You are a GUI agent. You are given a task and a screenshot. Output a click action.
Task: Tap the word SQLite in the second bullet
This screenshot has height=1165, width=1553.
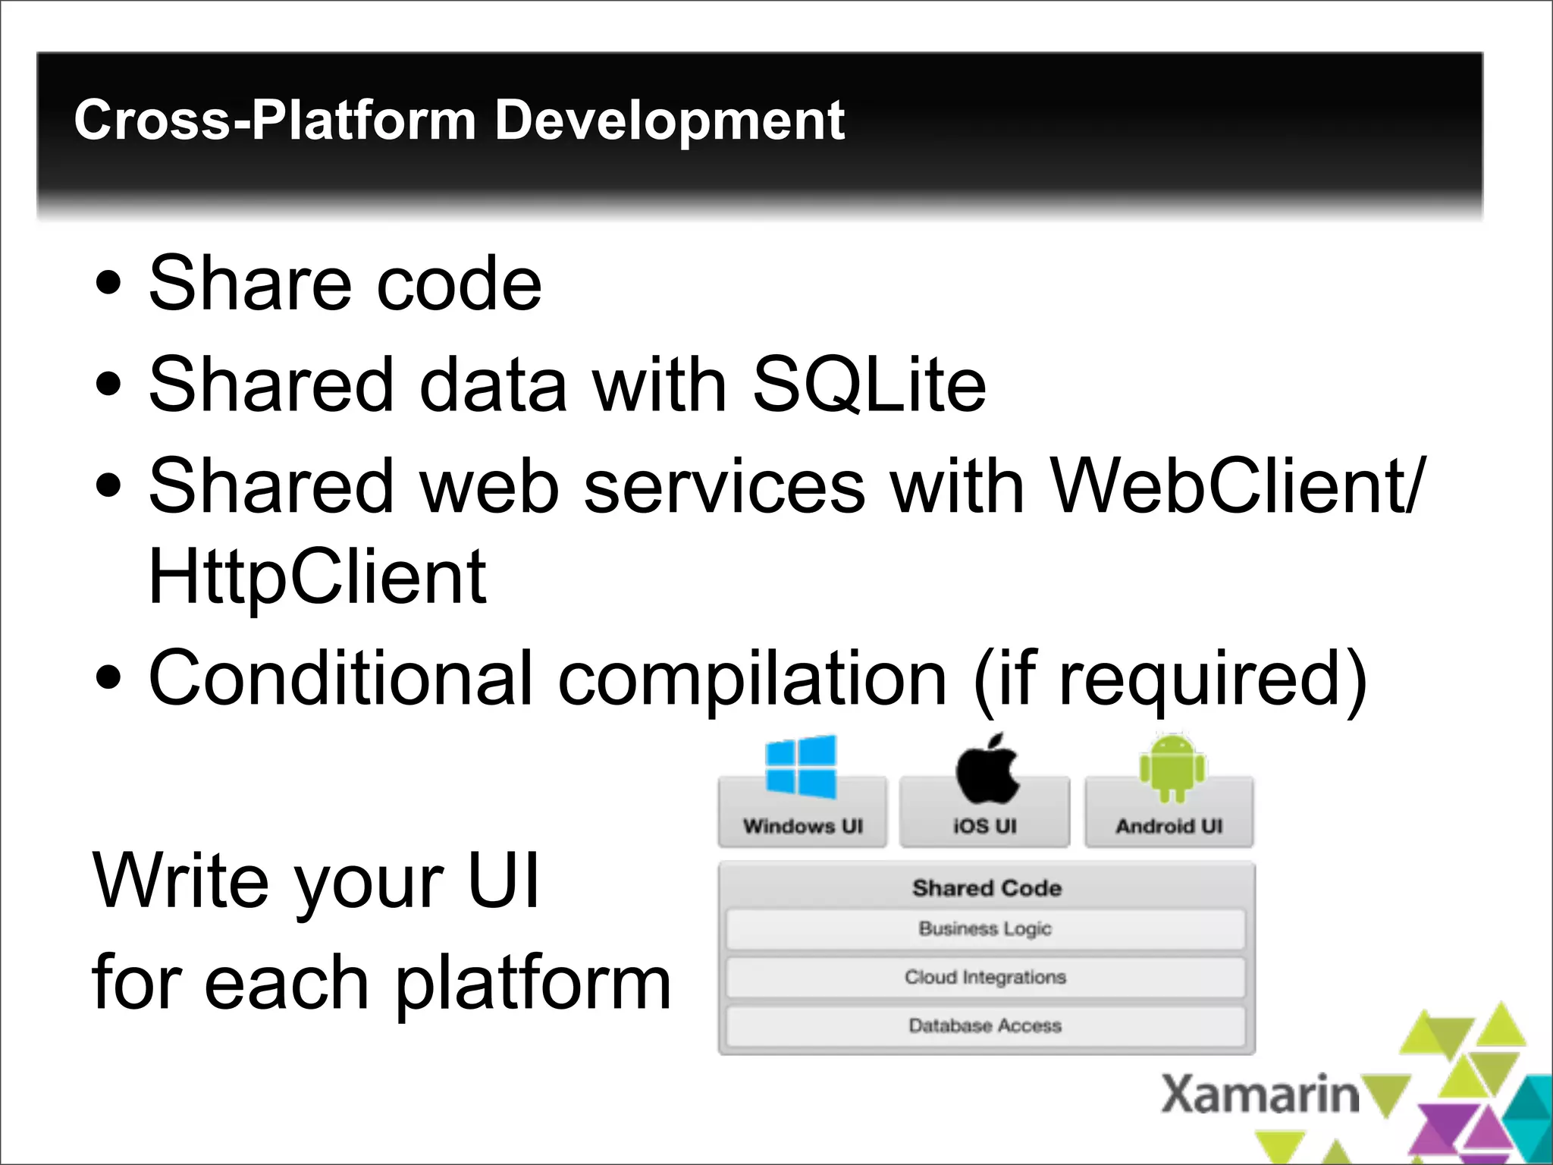[869, 385]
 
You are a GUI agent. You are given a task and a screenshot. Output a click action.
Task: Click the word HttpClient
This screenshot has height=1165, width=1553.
[317, 577]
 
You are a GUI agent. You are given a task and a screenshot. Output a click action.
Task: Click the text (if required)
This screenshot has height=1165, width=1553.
[1169, 679]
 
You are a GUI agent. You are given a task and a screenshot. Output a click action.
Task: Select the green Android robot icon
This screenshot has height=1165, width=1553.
[1172, 768]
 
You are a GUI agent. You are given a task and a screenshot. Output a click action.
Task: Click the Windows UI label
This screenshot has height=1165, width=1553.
[803, 826]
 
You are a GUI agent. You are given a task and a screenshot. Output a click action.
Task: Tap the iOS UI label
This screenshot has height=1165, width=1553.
[984, 826]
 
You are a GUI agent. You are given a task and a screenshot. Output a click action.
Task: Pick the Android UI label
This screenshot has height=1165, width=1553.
[1169, 826]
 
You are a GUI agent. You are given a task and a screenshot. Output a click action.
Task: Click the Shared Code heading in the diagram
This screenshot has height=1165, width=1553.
[987, 887]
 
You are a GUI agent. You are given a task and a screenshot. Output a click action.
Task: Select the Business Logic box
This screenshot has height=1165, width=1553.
[985, 929]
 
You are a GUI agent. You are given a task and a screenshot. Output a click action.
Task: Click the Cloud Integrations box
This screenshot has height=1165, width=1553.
[985, 977]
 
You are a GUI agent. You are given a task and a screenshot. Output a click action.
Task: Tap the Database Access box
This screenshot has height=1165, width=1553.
[985, 1025]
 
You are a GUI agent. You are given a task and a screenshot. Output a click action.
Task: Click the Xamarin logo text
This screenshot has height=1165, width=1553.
[1260, 1094]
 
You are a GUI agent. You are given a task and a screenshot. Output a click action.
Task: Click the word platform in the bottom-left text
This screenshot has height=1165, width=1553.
[533, 983]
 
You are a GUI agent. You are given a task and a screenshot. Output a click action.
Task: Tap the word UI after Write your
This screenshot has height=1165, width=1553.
[503, 881]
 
